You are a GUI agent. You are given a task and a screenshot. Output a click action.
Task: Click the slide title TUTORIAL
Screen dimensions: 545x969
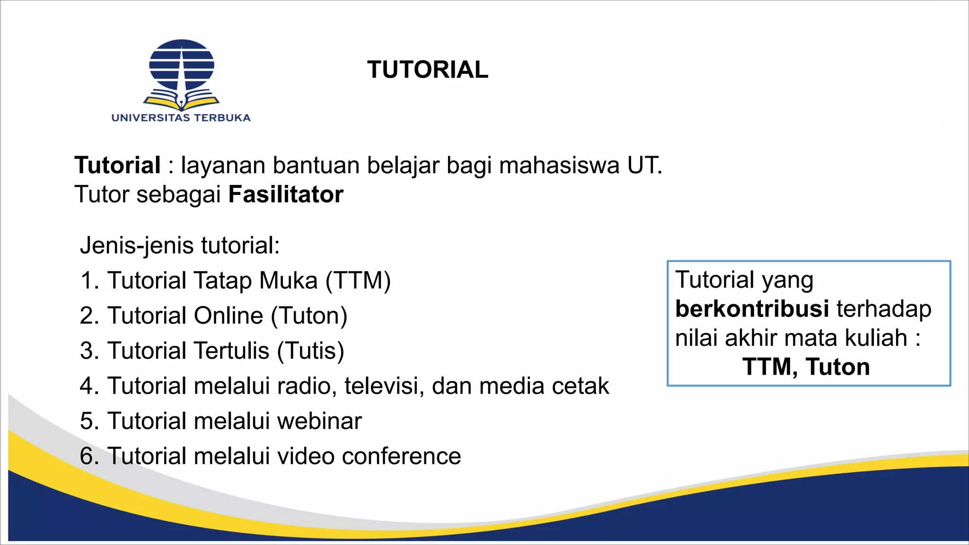click(x=427, y=70)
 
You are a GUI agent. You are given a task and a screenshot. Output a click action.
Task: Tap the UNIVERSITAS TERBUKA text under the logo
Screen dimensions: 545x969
click(x=181, y=118)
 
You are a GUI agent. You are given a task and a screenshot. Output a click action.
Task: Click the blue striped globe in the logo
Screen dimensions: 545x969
click(x=182, y=65)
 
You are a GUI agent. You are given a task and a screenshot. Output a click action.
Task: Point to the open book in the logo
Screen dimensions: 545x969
click(x=181, y=101)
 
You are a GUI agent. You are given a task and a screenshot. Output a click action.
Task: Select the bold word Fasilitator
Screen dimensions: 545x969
click(x=286, y=195)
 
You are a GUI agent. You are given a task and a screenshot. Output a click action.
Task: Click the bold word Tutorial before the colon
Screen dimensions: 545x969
click(x=117, y=166)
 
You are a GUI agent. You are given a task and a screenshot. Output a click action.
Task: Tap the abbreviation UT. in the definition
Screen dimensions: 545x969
click(x=644, y=166)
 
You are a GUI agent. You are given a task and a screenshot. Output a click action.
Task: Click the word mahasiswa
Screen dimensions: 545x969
click(x=560, y=166)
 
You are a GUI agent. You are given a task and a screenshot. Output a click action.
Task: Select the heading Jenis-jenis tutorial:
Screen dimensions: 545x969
click(x=180, y=246)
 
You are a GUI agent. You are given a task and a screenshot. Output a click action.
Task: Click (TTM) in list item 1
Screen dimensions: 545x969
click(x=358, y=281)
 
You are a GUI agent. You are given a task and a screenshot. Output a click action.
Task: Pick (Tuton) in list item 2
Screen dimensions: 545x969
click(x=309, y=316)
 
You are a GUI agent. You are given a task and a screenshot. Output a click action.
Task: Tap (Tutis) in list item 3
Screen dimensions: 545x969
click(x=310, y=351)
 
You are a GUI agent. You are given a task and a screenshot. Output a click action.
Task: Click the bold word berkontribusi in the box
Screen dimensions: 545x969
click(x=752, y=309)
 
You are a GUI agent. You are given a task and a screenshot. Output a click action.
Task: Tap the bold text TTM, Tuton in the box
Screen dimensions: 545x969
click(x=806, y=367)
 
